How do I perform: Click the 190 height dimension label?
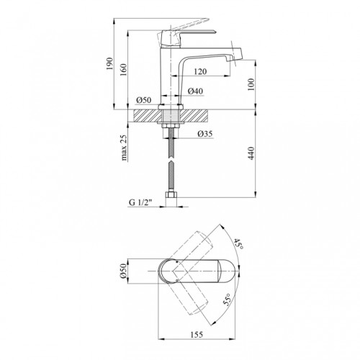(109, 63)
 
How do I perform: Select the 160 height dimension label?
(123, 70)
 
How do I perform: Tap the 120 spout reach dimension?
(200, 71)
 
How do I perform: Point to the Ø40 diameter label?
(195, 91)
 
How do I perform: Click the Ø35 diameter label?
(205, 134)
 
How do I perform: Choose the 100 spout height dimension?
(251, 84)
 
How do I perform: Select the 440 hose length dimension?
(251, 153)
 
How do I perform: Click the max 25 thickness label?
(124, 148)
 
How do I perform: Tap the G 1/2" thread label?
(140, 202)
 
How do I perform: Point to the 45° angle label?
(238, 244)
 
